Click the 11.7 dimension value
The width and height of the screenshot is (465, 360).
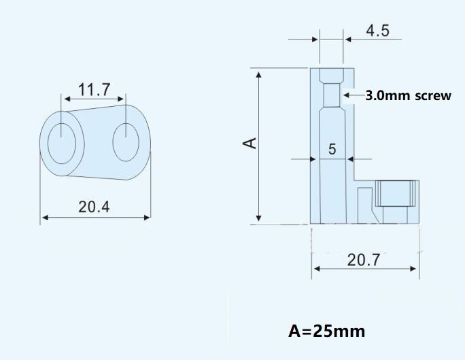(x=94, y=90)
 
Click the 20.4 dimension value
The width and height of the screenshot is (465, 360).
(x=94, y=206)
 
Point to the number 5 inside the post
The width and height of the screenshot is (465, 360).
(x=332, y=149)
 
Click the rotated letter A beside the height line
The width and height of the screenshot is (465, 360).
(x=250, y=143)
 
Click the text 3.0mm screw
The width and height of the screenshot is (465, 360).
(x=408, y=96)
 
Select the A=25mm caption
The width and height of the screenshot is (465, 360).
(x=326, y=331)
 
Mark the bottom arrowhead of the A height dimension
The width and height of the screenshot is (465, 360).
(x=258, y=218)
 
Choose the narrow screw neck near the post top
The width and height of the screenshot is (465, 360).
(x=332, y=95)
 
